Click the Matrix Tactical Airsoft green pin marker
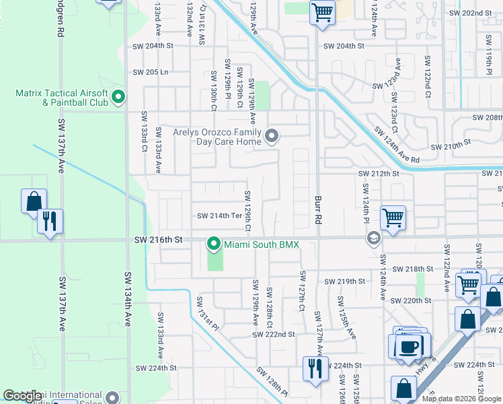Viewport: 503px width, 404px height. [118, 98]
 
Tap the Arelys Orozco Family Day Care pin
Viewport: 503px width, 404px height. [272, 137]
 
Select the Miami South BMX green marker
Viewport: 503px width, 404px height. [215, 244]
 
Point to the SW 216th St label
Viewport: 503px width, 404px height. [159, 240]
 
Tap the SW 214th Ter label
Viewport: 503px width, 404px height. [219, 216]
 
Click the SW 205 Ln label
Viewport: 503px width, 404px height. [151, 72]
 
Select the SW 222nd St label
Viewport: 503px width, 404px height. [274, 334]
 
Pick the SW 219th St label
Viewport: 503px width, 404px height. [344, 281]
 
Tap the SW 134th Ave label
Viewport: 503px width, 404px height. [127, 299]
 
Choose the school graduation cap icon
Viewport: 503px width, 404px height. [373, 238]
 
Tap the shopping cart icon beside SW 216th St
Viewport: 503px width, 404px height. [393, 217]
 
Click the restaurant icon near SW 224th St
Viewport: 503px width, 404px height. [315, 368]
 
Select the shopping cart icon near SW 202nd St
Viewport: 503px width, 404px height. [322, 12]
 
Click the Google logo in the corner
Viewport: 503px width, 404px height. [22, 396]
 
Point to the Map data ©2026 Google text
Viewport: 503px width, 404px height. [461, 399]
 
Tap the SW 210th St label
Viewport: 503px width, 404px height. [449, 146]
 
